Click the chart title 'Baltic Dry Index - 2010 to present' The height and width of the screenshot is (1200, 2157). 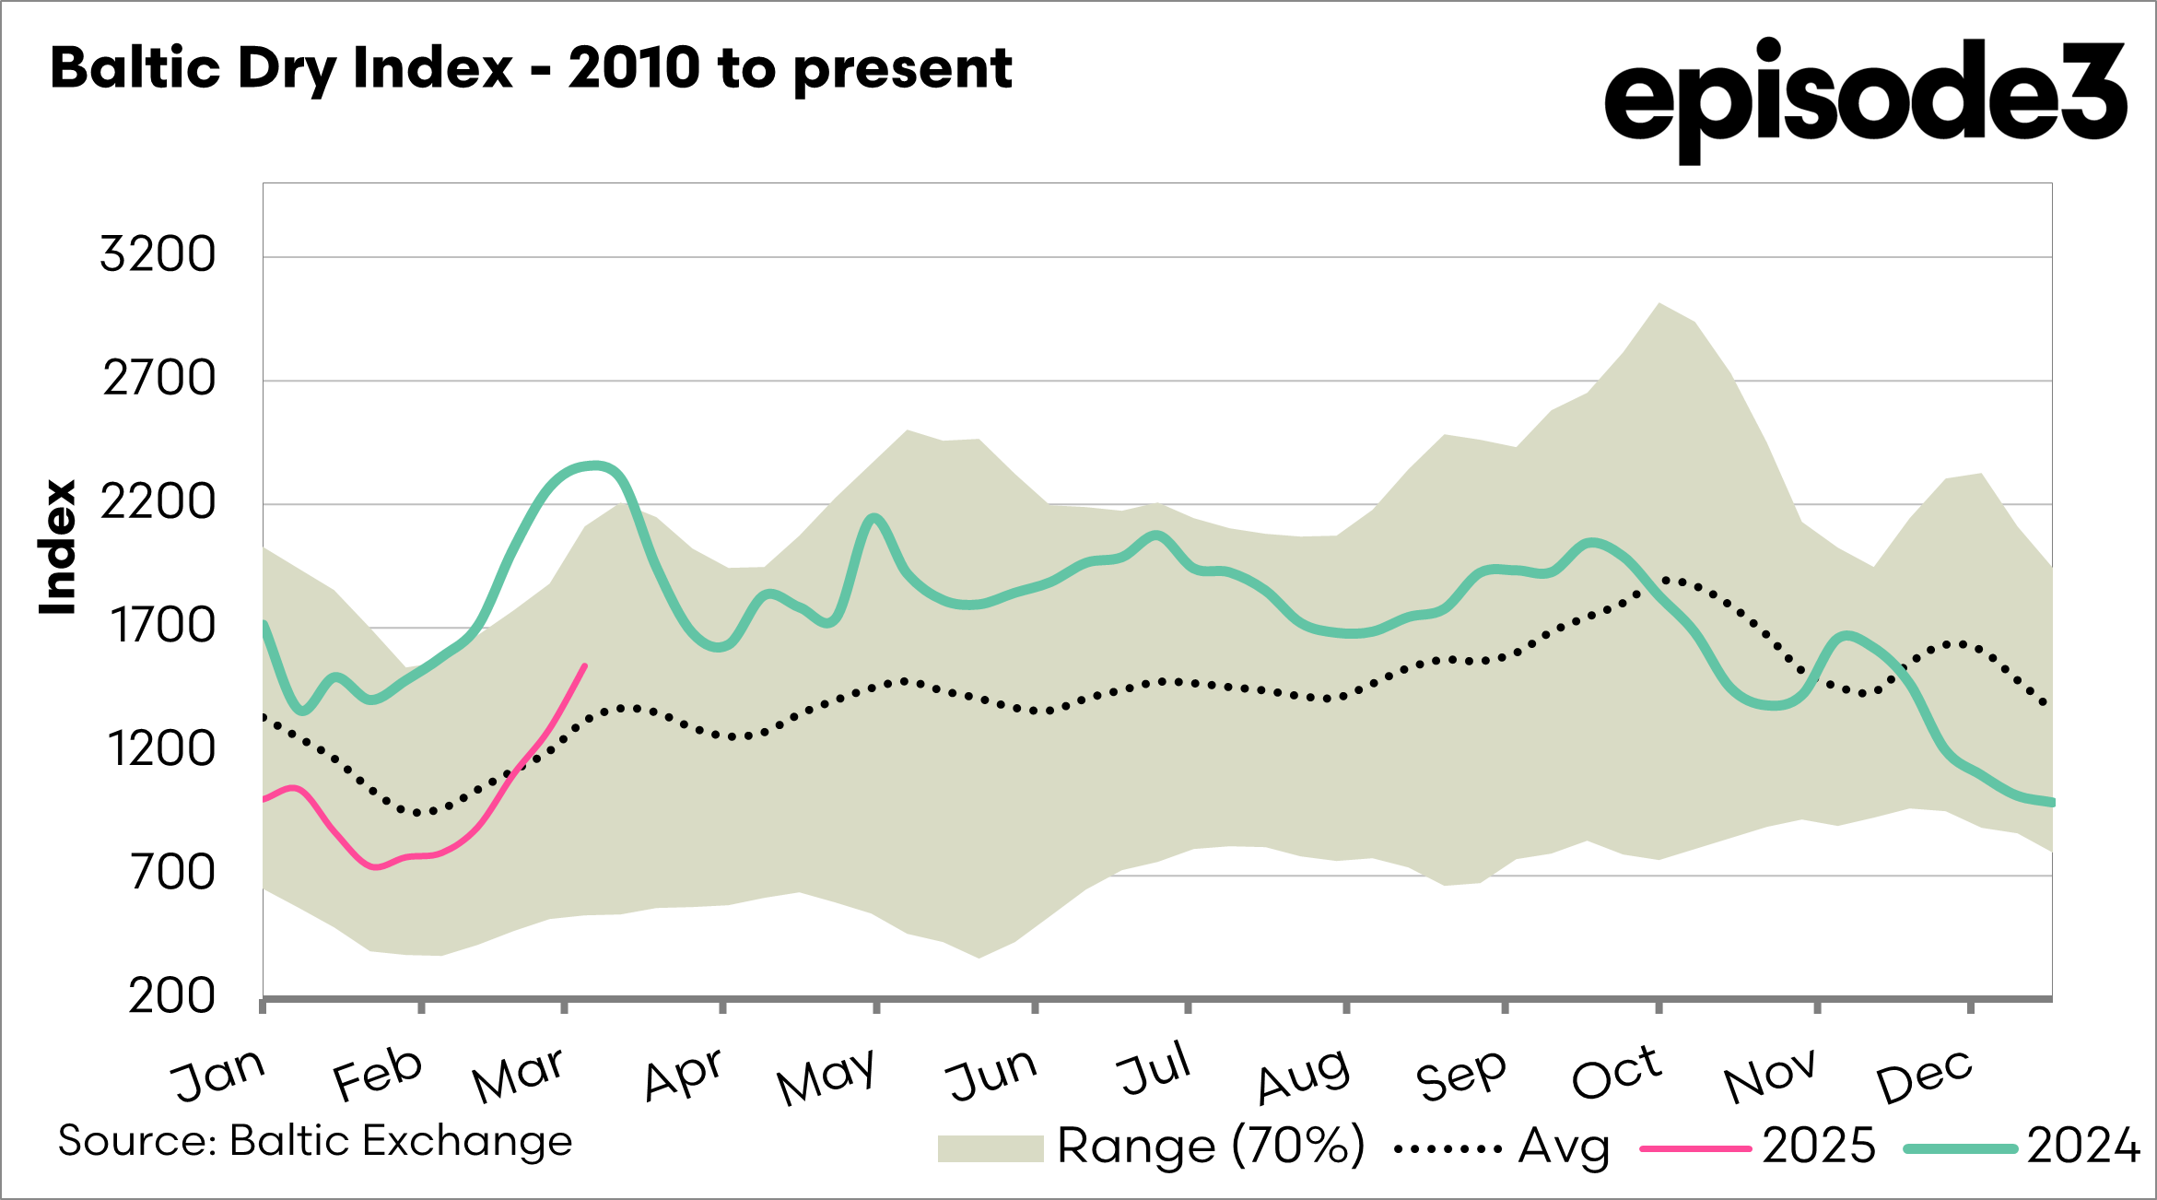pyautogui.click(x=532, y=68)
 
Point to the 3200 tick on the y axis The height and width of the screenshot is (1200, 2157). pyautogui.click(x=158, y=254)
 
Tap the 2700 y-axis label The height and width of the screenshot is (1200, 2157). pyautogui.click(x=158, y=379)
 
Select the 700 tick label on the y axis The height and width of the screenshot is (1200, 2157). pyautogui.click(x=172, y=872)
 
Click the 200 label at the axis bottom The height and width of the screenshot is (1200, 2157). pyautogui.click(x=171, y=996)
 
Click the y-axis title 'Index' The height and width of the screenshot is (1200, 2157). pyautogui.click(x=57, y=547)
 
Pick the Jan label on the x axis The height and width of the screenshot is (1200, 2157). pyautogui.click(x=219, y=1075)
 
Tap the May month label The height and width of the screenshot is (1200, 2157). pyautogui.click(x=826, y=1076)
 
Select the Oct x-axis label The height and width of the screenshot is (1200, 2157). pyautogui.click(x=1616, y=1073)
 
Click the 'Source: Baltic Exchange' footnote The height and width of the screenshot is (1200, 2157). pyautogui.click(x=315, y=1141)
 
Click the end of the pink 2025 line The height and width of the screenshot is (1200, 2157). pyautogui.click(x=584, y=665)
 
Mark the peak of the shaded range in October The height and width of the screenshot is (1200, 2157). pyautogui.click(x=1659, y=303)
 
